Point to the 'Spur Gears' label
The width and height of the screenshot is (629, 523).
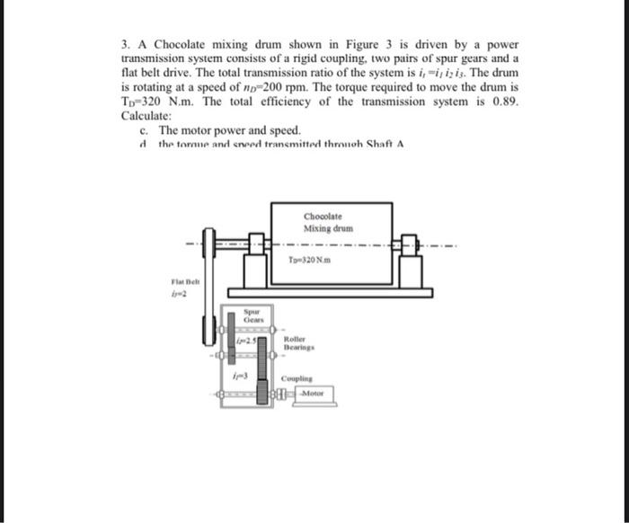[x=251, y=315]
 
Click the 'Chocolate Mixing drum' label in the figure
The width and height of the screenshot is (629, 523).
[x=323, y=221]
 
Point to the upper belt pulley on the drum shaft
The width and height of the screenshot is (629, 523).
[x=208, y=244]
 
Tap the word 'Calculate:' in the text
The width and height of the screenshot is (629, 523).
[x=146, y=117]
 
